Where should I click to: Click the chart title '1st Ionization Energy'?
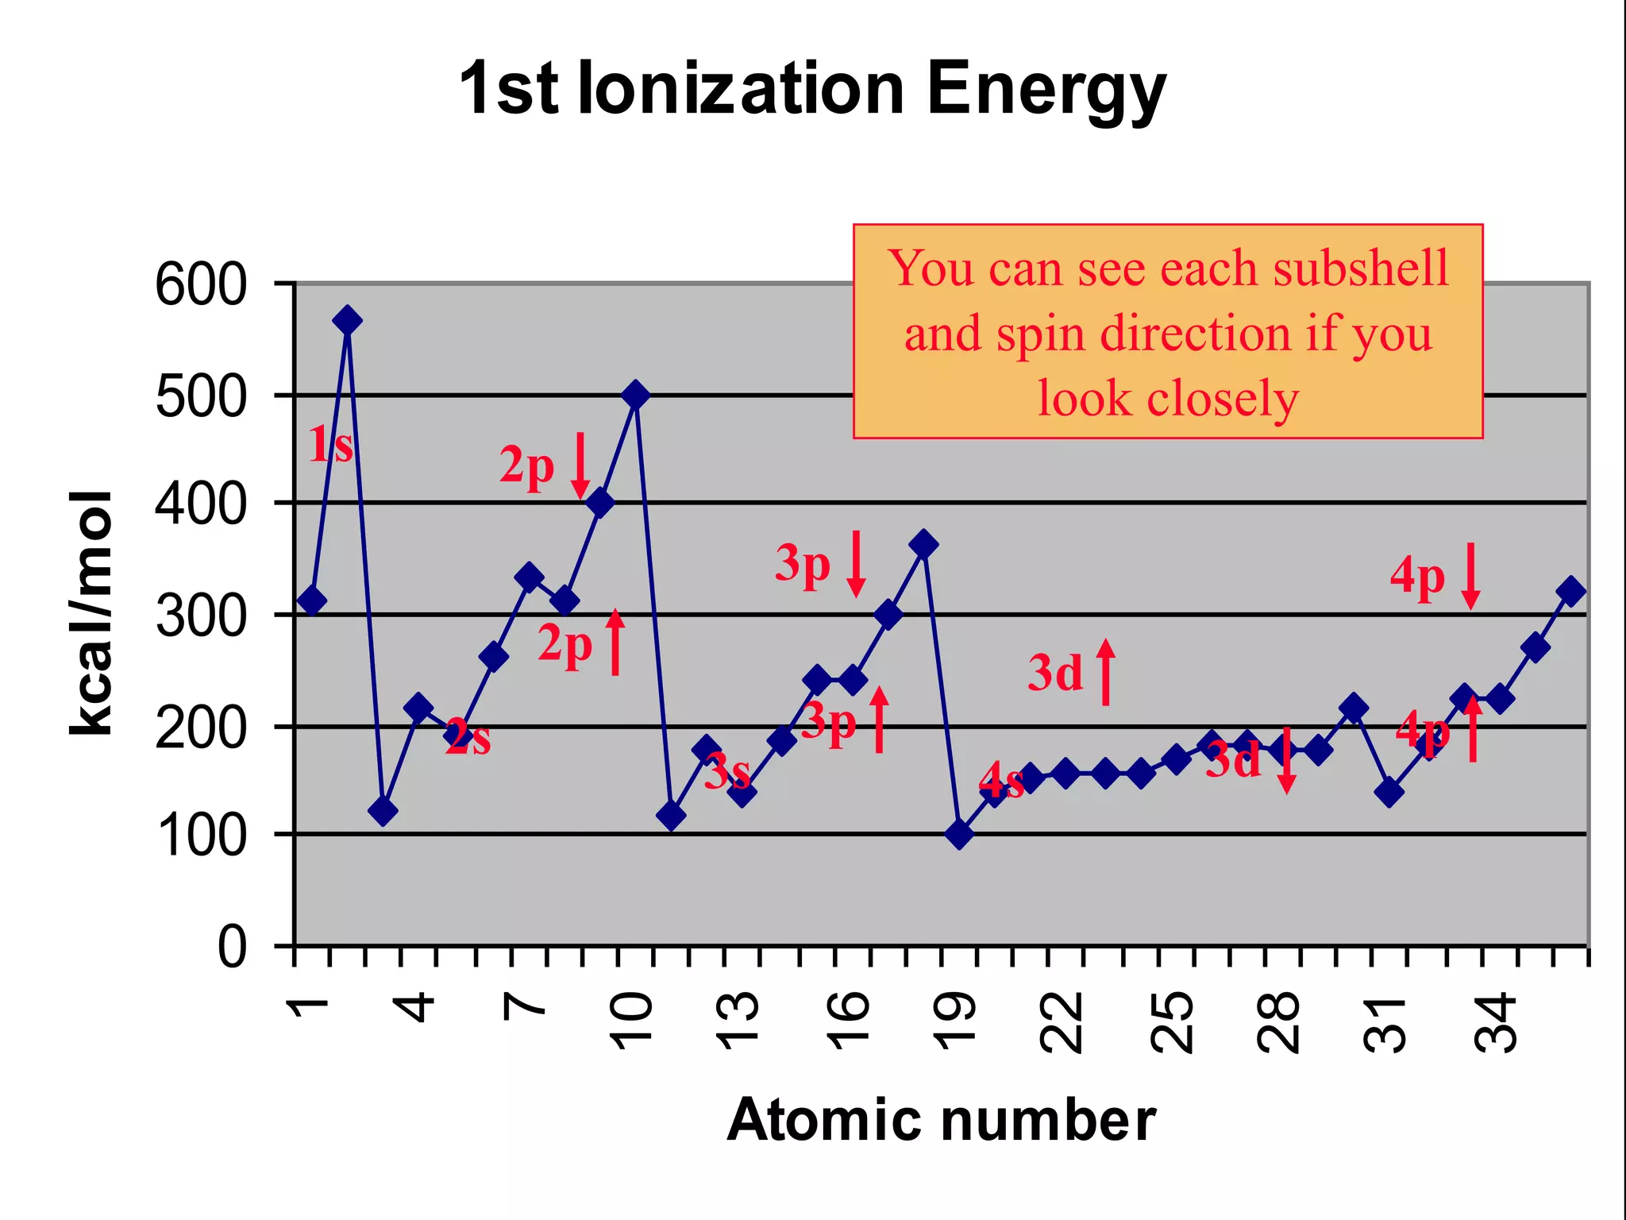pos(811,89)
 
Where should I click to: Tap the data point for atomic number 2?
pos(348,320)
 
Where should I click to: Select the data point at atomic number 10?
pos(635,394)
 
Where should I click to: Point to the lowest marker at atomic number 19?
pos(959,834)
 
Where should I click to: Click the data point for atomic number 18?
pos(923,544)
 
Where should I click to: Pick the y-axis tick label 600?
pos(201,285)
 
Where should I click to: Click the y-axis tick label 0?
pos(232,948)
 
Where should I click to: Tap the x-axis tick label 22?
pos(1061,1024)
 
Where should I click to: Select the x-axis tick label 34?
pos(1494,1024)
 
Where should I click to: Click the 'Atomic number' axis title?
pos(941,1120)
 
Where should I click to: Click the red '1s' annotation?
pos(330,445)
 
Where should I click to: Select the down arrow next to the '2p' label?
pos(580,465)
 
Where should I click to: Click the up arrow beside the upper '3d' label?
pos(1106,673)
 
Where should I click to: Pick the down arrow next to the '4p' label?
pos(1470,576)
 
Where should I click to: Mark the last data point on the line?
pos(1570,591)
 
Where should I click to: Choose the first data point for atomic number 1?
pos(312,600)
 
